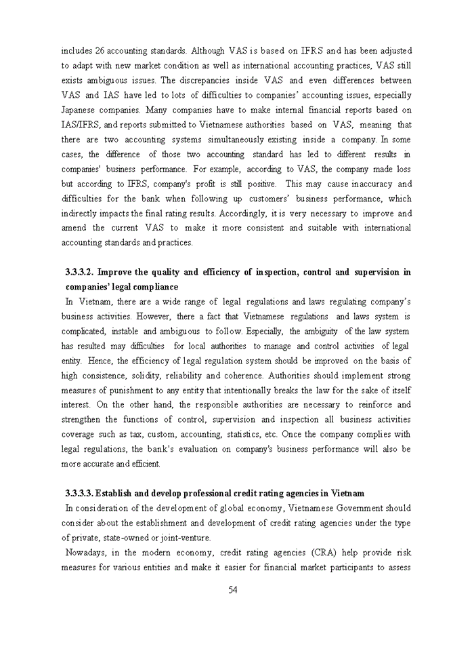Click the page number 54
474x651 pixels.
232,589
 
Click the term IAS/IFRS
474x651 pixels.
82,125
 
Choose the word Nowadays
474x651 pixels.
84,552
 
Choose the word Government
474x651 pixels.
351,508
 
